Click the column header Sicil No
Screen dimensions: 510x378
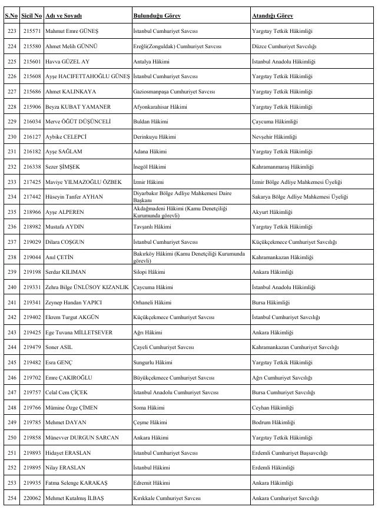click(31, 15)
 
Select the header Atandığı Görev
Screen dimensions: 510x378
click(272, 15)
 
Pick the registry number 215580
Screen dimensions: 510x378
click(31, 46)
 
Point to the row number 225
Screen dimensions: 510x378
click(11, 61)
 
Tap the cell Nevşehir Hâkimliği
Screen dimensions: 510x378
click(274, 137)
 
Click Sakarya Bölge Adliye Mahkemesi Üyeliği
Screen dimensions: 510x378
click(300, 197)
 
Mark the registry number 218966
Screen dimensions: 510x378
click(31, 212)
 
